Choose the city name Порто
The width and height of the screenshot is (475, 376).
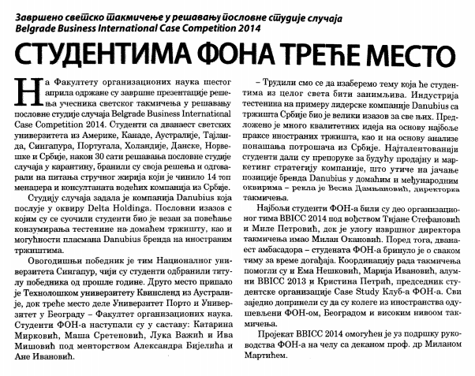pos(162,301)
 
